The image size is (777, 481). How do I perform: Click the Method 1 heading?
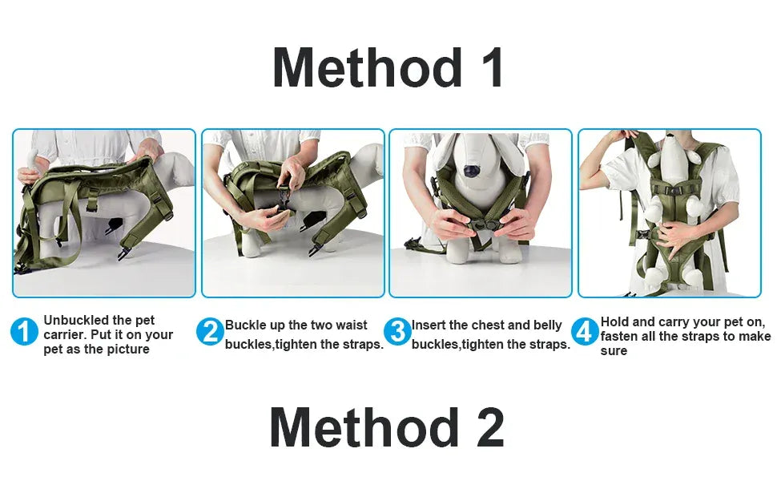point(388,68)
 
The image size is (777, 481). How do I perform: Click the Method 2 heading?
point(388,428)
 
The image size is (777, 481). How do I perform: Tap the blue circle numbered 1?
point(24,331)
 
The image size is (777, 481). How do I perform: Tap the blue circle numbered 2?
point(210,331)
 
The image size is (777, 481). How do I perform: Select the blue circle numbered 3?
point(397,331)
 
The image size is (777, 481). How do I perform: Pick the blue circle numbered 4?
point(586,331)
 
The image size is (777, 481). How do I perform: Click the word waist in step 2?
point(349,325)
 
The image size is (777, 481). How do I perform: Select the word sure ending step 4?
point(614,350)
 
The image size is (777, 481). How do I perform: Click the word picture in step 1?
point(127,350)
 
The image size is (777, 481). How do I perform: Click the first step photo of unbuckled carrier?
point(104,212)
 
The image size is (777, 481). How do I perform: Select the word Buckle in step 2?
point(244,325)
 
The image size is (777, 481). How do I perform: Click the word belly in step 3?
point(547,325)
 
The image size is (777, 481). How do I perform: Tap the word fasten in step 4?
point(621,337)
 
